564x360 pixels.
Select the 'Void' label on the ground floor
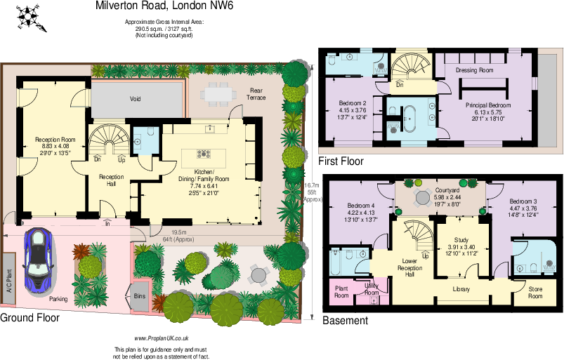click(x=135, y=99)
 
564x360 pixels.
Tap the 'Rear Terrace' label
click(x=256, y=93)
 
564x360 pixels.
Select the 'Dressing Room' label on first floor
click(x=474, y=70)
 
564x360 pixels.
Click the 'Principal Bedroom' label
click(x=487, y=105)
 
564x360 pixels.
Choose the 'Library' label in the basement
click(x=461, y=289)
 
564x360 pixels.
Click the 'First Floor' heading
click(x=341, y=161)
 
